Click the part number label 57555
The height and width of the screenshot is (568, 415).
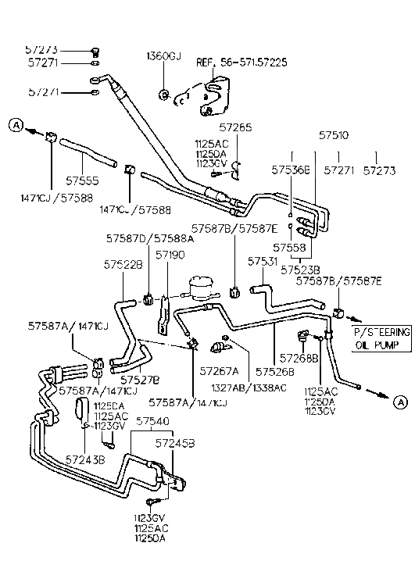80,178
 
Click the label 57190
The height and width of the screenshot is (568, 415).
170,254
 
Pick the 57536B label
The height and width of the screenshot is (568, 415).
292,168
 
